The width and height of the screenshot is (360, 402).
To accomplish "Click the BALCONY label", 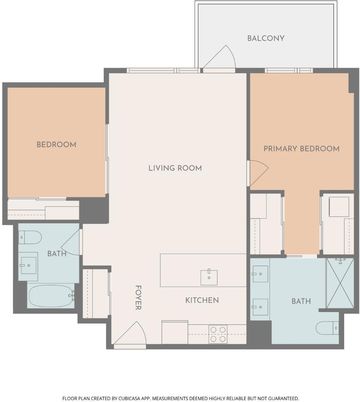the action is pyautogui.click(x=266, y=38).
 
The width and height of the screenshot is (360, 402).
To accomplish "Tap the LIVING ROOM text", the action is pyautogui.click(x=175, y=168).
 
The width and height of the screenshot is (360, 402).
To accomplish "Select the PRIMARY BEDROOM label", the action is pyautogui.click(x=301, y=149).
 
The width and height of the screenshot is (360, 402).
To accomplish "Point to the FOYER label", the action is pyautogui.click(x=139, y=297).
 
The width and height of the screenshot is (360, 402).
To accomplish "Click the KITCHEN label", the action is pyautogui.click(x=202, y=300).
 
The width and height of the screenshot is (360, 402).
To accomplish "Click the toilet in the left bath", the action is pyautogui.click(x=30, y=238).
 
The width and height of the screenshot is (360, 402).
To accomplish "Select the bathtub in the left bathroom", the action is pyautogui.click(x=51, y=296).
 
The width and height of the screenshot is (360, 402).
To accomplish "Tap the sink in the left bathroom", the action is pyautogui.click(x=28, y=266).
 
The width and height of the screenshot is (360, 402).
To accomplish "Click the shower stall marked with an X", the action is pyautogui.click(x=340, y=283).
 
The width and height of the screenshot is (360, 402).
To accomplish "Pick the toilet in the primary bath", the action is pyautogui.click(x=327, y=328).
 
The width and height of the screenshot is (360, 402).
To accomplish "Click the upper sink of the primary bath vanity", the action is pyautogui.click(x=260, y=274).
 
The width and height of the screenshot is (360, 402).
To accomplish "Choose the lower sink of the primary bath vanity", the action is pyautogui.click(x=260, y=307).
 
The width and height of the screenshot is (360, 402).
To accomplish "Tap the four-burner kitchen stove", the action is pyautogui.click(x=218, y=334).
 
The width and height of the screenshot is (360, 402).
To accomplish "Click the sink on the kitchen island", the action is pyautogui.click(x=209, y=277).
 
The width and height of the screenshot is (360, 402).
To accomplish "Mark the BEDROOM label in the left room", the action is pyautogui.click(x=56, y=145).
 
